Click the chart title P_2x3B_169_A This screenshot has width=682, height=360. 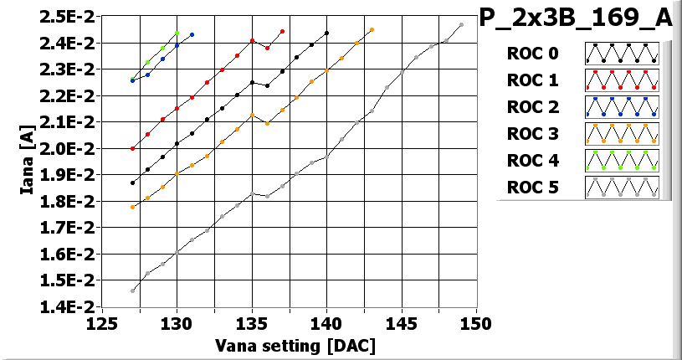(x=576, y=18)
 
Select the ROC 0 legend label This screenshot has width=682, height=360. (x=532, y=54)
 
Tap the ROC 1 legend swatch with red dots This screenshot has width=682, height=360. (x=622, y=80)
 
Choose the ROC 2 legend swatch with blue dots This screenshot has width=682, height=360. (x=622, y=107)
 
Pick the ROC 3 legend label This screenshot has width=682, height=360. (x=532, y=134)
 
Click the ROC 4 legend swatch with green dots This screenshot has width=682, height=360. (x=622, y=161)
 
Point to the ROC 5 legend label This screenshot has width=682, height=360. (x=532, y=188)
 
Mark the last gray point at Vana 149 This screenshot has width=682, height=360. (x=461, y=25)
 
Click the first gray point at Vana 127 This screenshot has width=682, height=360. (x=132, y=291)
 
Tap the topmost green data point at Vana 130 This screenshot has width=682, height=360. (x=177, y=33)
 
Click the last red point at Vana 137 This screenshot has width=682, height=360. (x=282, y=32)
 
